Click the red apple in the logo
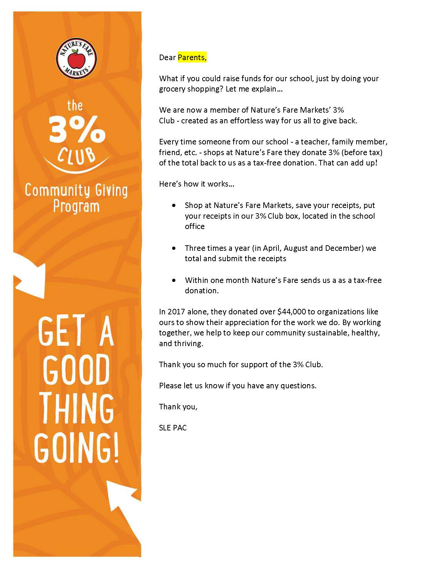pyautogui.click(x=76, y=59)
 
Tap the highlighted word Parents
pyautogui.click(x=192, y=57)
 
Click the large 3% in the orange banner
pyautogui.click(x=77, y=130)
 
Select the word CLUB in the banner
pyautogui.click(x=77, y=155)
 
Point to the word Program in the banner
pyautogui.click(x=76, y=206)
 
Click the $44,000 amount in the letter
pyautogui.click(x=292, y=312)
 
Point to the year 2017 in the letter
pyautogui.click(x=176, y=312)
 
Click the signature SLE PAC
pyautogui.click(x=173, y=428)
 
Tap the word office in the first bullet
pyautogui.click(x=195, y=227)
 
